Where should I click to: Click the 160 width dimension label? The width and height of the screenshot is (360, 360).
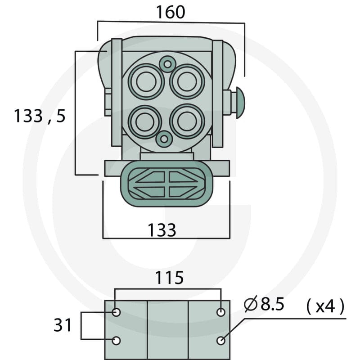coord(171,12)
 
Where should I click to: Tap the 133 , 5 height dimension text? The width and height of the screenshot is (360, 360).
coord(40,116)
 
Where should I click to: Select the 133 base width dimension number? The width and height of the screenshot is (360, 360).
coord(162,230)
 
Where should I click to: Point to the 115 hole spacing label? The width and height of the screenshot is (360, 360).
coord(170,278)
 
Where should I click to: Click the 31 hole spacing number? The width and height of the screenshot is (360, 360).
coord(63,325)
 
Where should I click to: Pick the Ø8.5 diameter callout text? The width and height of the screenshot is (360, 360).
coord(264,304)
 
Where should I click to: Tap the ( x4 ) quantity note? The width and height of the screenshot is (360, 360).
coord(325,306)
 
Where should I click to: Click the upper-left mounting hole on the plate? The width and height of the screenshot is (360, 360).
coord(116,312)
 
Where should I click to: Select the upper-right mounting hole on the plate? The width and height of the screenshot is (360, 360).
coord(221,312)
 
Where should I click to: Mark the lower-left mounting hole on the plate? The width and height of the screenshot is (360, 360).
coord(116,341)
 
